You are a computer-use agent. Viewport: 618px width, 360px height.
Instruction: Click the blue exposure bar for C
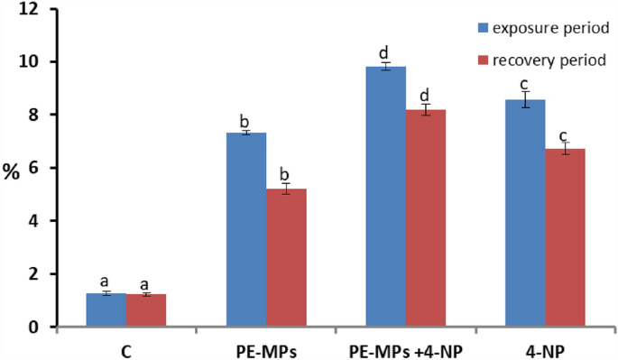pyautogui.click(x=106, y=309)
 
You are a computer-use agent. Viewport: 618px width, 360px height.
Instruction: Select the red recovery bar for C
pyautogui.click(x=146, y=309)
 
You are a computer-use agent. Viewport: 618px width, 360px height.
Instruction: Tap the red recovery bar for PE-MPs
pyautogui.click(x=286, y=257)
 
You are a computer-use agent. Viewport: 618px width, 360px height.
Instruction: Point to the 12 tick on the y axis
pyautogui.click(x=34, y=10)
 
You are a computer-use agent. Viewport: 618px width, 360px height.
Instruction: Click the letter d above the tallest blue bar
pyautogui.click(x=385, y=51)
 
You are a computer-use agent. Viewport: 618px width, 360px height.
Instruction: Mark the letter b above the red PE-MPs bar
pyautogui.click(x=286, y=174)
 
